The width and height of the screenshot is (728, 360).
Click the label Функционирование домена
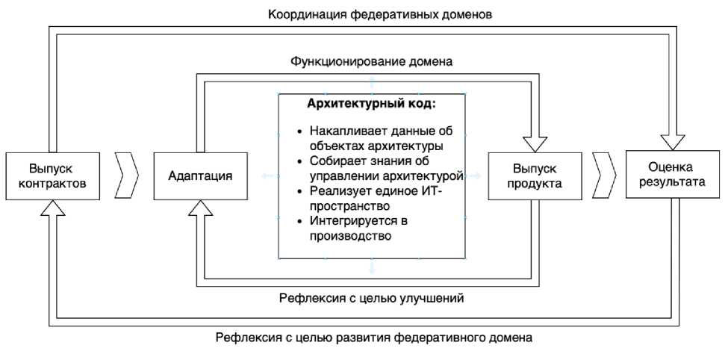click(x=371, y=60)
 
